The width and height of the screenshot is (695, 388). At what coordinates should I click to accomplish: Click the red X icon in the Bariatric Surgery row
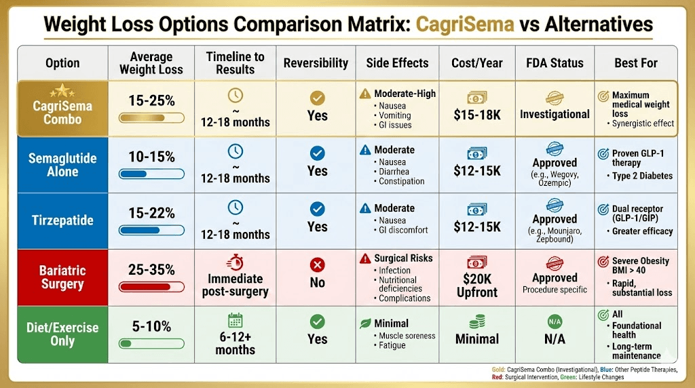(x=317, y=265)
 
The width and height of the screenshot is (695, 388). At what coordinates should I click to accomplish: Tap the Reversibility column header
(x=316, y=63)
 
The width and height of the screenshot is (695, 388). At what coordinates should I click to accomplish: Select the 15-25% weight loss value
(x=151, y=101)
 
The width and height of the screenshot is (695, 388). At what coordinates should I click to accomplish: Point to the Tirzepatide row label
(x=62, y=220)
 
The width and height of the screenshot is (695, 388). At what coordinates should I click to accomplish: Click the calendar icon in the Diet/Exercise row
(x=236, y=320)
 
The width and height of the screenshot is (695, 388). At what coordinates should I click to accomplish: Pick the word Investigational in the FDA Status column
(x=555, y=114)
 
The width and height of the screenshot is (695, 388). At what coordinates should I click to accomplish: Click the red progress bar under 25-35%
(x=151, y=287)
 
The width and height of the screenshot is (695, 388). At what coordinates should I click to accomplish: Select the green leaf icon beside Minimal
(x=365, y=323)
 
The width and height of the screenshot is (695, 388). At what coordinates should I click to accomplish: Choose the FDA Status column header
(x=555, y=63)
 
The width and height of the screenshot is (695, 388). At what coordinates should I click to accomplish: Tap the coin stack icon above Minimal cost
(x=477, y=321)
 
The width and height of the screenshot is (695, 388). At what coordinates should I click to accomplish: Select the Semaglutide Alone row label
(x=62, y=165)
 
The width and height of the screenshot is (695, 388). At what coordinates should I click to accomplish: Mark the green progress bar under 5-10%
(x=151, y=343)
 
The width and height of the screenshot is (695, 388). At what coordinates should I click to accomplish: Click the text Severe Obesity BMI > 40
(x=640, y=266)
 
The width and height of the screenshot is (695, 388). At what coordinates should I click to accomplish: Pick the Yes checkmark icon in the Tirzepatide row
(x=317, y=209)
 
